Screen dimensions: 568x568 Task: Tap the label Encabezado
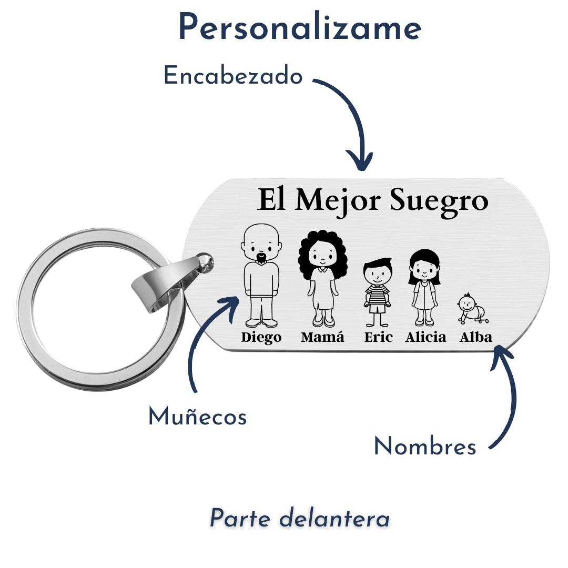pos(233,76)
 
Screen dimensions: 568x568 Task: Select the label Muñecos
pos(197,417)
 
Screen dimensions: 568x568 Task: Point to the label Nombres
pos(424,447)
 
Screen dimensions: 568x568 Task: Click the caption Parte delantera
pos(300,519)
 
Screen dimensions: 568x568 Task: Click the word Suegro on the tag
pos(439,201)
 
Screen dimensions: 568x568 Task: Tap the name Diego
pos(261,338)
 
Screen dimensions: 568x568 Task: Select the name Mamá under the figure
pos(322,337)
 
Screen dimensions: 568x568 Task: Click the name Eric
pos(378,337)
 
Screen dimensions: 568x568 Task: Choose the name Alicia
pos(425,337)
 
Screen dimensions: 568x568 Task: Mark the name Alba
pos(475,337)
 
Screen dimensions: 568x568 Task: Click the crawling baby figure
pos(472,309)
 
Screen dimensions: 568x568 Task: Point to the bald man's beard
pos(261,258)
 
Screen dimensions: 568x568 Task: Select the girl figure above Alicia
pos(424,287)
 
